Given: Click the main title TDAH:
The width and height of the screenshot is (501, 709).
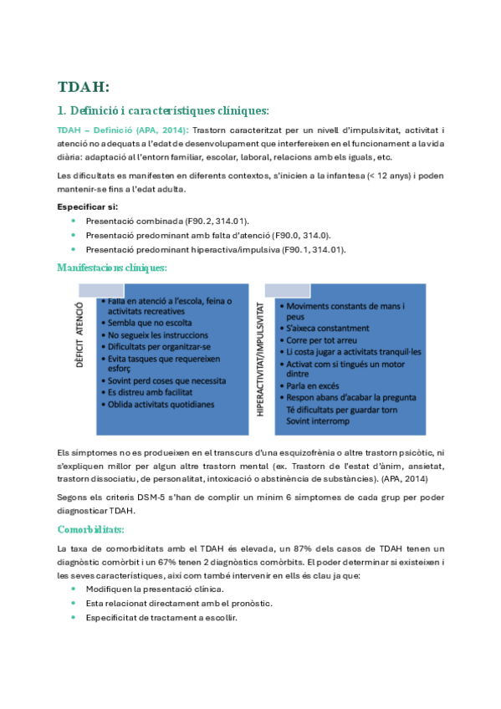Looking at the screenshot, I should [83, 86].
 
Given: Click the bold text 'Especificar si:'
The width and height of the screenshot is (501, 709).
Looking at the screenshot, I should [87, 206].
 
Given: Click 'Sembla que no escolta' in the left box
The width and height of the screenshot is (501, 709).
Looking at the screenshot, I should [150, 323].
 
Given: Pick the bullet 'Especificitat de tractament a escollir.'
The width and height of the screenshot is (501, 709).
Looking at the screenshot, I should [161, 617].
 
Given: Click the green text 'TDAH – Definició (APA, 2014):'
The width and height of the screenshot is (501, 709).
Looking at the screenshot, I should [123, 130].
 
